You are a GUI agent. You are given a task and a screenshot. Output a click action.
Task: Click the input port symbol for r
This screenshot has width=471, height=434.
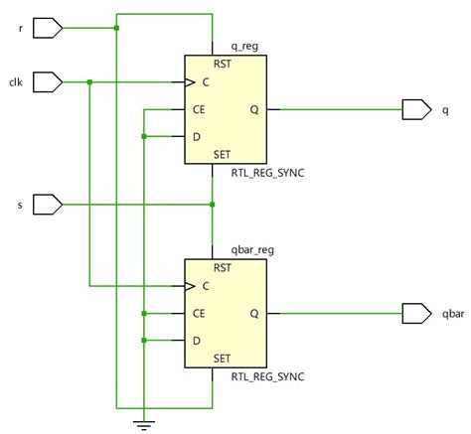48,28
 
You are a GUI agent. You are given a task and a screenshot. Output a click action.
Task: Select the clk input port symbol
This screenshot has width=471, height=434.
48,82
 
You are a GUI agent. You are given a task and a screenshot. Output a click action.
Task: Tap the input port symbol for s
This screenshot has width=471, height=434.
48,205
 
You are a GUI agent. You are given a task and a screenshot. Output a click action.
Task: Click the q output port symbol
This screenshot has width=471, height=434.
417,109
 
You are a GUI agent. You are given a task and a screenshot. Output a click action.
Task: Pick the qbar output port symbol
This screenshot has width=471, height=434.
417,313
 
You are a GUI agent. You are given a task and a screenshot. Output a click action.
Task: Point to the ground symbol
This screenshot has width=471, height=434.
144,425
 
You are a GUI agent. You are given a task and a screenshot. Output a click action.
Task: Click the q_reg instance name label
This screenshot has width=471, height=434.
244,47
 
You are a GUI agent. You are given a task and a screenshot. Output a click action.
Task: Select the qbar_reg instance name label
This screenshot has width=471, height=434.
252,250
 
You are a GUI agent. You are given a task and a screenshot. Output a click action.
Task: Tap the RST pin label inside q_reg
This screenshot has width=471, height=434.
223,64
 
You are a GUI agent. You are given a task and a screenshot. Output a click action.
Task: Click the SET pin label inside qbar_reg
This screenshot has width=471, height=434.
222,359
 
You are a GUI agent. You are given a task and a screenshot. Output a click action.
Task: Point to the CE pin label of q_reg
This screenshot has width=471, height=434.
199,109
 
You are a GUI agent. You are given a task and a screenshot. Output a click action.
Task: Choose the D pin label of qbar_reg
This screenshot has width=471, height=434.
197,341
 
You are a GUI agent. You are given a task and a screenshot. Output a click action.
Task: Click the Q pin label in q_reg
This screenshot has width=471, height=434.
254,109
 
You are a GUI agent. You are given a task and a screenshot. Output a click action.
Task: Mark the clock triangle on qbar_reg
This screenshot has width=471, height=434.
190,286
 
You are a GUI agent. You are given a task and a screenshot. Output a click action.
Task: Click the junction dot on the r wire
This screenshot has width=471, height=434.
116,28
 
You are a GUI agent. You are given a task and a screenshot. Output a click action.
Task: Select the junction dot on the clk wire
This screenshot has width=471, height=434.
89,82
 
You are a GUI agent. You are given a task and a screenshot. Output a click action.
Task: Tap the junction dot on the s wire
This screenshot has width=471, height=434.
213,205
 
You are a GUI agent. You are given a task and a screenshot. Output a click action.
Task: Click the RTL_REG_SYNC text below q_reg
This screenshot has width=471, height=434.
267,173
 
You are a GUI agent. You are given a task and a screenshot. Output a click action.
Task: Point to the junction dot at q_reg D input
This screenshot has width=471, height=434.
144,136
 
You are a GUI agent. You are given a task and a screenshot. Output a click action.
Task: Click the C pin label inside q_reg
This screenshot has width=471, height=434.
206,82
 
